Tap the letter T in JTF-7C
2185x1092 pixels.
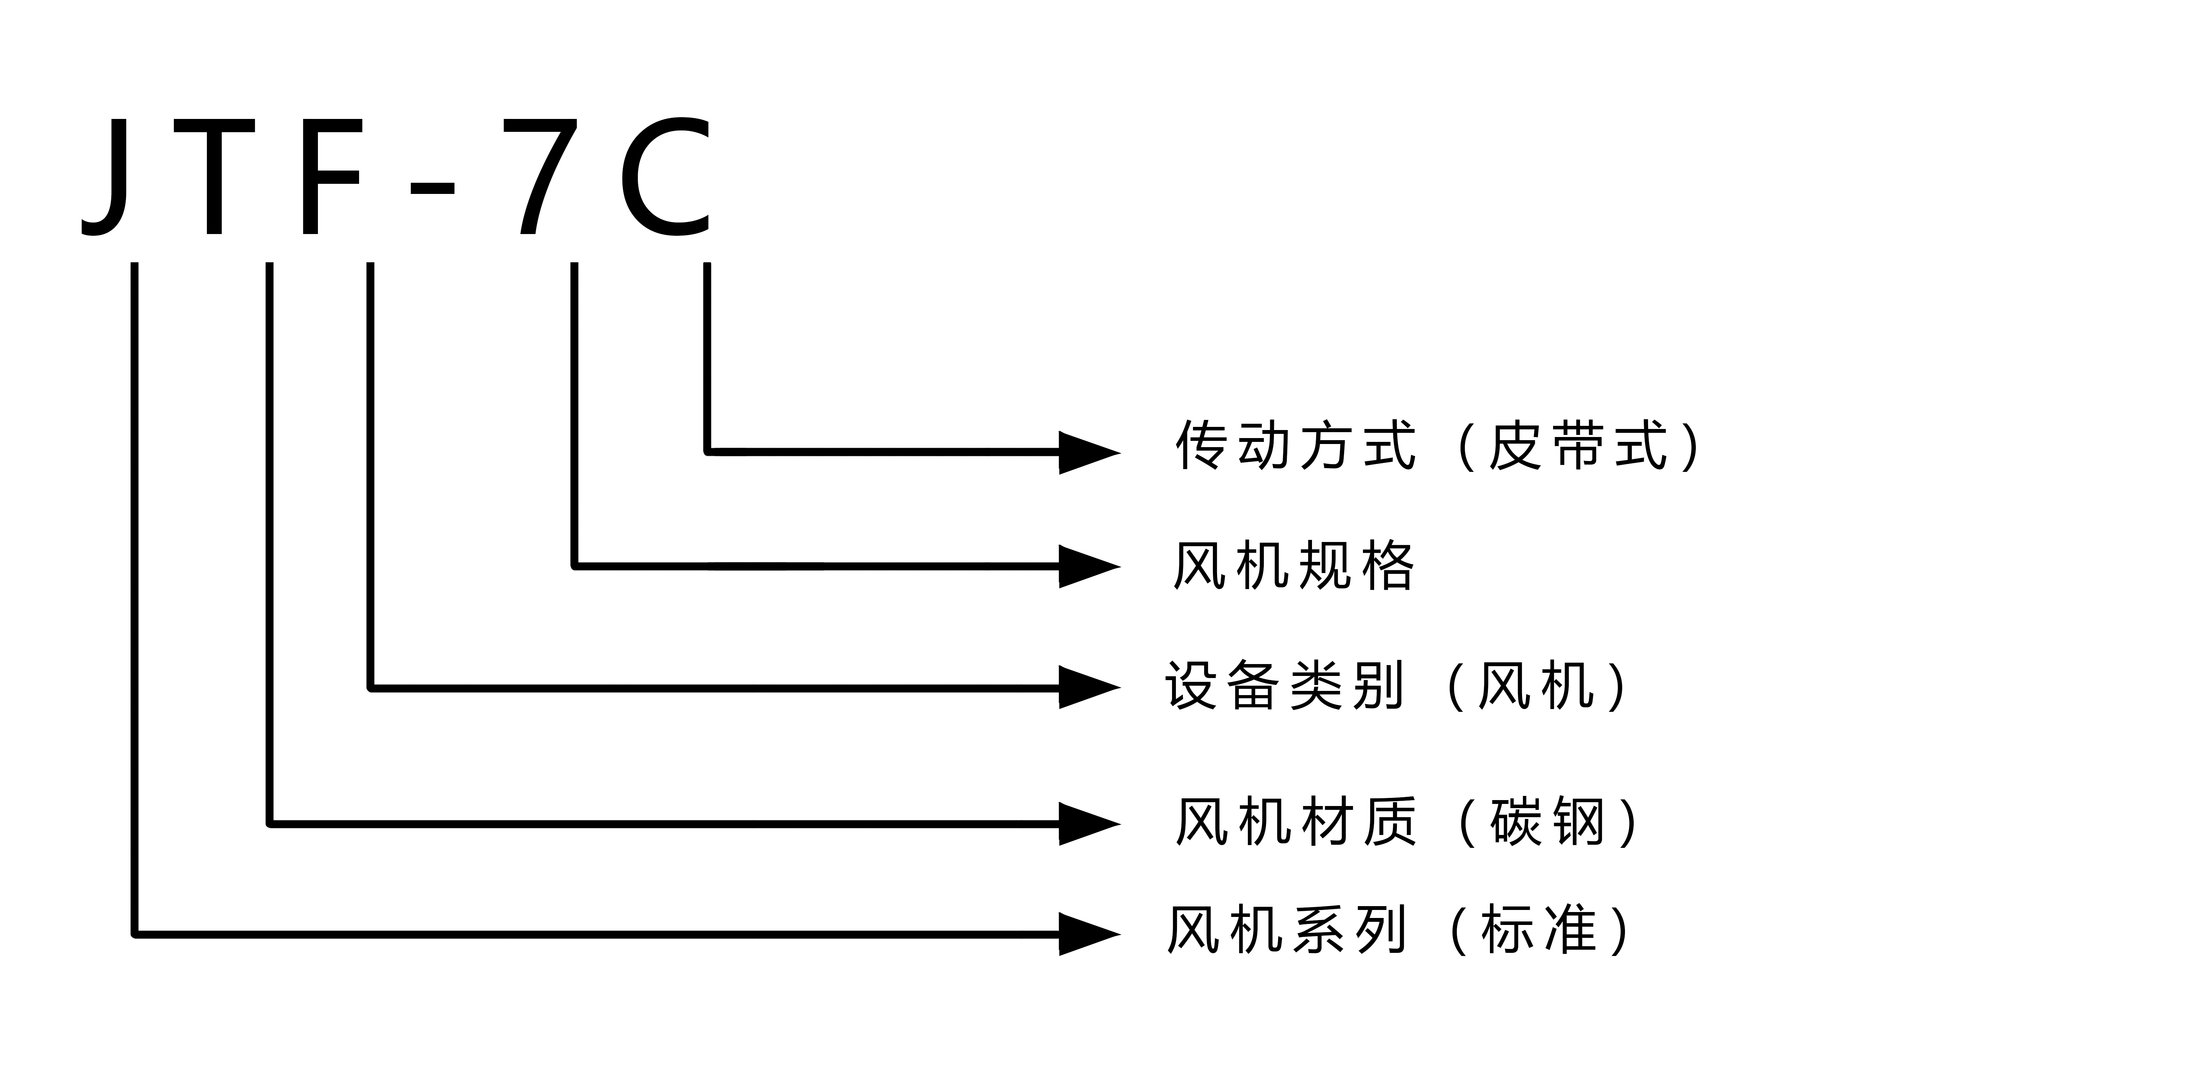point(214,176)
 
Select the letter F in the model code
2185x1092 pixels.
point(331,176)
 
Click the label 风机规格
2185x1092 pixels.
point(1293,565)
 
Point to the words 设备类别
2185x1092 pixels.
point(1285,685)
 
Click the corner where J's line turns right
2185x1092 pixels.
point(135,934)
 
